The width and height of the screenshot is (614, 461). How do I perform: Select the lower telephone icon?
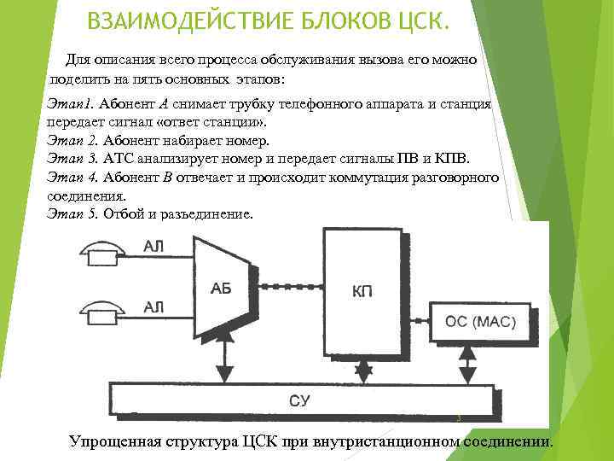[x=101, y=310]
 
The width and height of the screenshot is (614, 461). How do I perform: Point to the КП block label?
[x=363, y=292]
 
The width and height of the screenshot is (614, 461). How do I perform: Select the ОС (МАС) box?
[x=480, y=324]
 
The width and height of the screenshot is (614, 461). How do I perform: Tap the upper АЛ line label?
[x=154, y=247]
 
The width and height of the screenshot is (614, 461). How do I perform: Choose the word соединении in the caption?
[x=507, y=441]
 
